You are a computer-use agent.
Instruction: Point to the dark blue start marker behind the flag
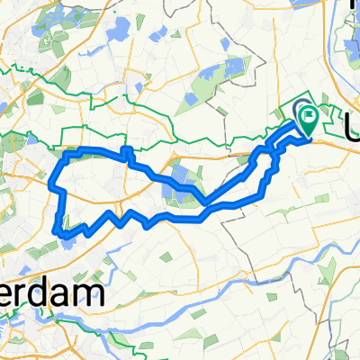pos(301,112)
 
